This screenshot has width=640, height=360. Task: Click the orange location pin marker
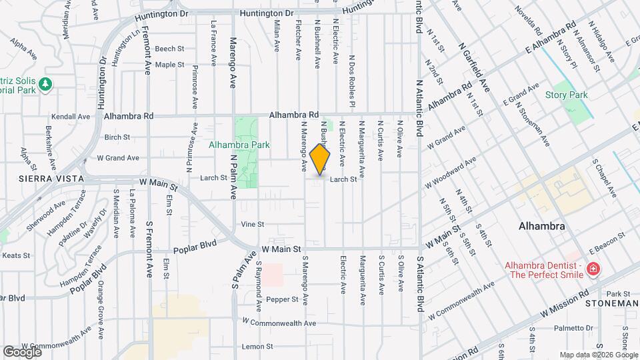(x=321, y=160)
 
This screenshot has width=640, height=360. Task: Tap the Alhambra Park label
(x=234, y=144)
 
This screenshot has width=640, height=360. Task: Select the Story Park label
(x=567, y=95)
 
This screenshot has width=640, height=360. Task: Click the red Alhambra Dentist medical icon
(x=593, y=270)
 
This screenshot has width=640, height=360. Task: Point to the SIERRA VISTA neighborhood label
(x=42, y=179)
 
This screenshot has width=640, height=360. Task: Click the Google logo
(x=22, y=351)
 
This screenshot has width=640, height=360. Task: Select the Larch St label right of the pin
(x=344, y=179)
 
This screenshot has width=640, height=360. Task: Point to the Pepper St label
(x=282, y=299)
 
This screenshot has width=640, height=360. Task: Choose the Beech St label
(x=169, y=49)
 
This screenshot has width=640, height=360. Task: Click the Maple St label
(x=169, y=65)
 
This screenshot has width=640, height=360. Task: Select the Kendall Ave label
(x=74, y=116)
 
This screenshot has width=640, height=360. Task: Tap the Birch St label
(x=117, y=137)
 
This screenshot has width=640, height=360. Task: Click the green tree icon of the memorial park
(x=45, y=84)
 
